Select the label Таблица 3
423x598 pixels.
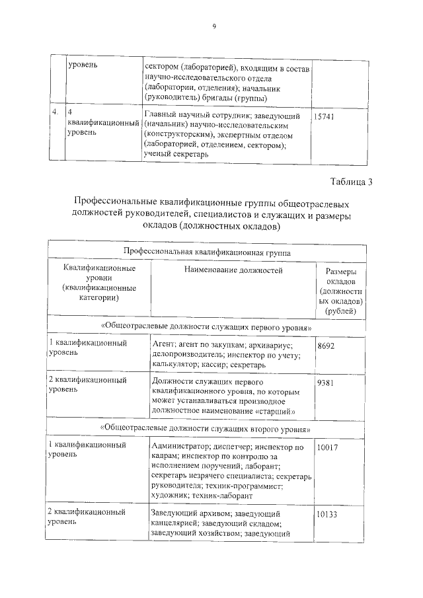point(351,182)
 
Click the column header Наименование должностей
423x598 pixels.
point(230,270)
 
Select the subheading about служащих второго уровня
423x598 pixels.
point(206,428)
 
